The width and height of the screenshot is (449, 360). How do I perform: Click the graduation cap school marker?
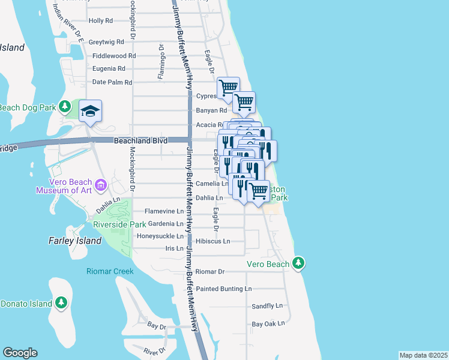click(x=91, y=111)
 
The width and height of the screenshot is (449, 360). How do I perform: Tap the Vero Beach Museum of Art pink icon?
click(x=100, y=183)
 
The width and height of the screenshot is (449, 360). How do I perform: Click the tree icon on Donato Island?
click(x=61, y=303)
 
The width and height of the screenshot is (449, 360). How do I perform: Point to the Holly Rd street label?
click(x=100, y=20)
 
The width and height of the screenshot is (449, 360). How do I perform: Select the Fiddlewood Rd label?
click(x=114, y=56)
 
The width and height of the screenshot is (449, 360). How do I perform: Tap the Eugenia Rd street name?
click(x=109, y=68)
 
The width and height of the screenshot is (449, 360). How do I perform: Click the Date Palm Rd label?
click(x=112, y=82)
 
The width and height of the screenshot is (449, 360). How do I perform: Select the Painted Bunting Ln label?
click(x=224, y=289)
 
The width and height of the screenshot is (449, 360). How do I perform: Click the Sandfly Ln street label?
click(x=267, y=306)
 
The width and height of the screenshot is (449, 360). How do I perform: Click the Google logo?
click(x=20, y=353)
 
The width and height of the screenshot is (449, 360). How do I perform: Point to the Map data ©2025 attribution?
click(x=424, y=355)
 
